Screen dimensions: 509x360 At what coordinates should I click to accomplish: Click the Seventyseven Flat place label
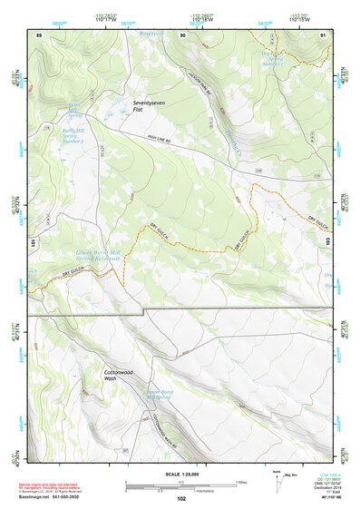(152, 107)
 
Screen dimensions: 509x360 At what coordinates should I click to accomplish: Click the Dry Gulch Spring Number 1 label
(267, 57)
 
